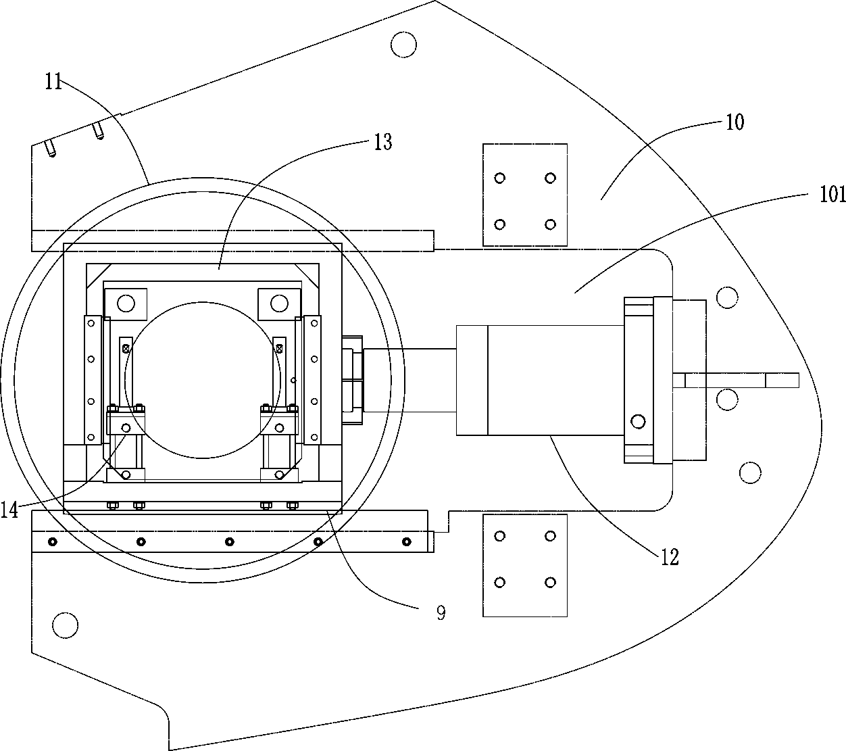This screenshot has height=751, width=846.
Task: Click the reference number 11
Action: pyautogui.click(x=53, y=82)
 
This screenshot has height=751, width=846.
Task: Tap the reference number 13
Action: pyautogui.click(x=382, y=143)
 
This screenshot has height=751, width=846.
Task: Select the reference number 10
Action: pyautogui.click(x=735, y=122)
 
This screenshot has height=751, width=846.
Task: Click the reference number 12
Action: pyautogui.click(x=669, y=558)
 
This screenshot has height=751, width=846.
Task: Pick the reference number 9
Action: pyautogui.click(x=441, y=613)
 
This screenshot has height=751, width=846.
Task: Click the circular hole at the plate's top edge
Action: pyautogui.click(x=404, y=45)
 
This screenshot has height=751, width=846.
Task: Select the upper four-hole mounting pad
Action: pyautogui.click(x=525, y=195)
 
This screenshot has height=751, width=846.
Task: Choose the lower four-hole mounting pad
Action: pyautogui.click(x=525, y=565)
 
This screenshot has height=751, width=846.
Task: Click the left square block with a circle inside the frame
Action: pyautogui.click(x=126, y=304)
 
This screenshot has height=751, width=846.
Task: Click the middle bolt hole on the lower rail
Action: pyautogui.click(x=230, y=541)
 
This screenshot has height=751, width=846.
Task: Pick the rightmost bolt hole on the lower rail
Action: pyautogui.click(x=406, y=541)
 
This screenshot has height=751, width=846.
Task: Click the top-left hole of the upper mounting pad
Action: pyautogui.click(x=500, y=178)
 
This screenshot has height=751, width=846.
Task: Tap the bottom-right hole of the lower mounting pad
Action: pyautogui.click(x=550, y=583)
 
